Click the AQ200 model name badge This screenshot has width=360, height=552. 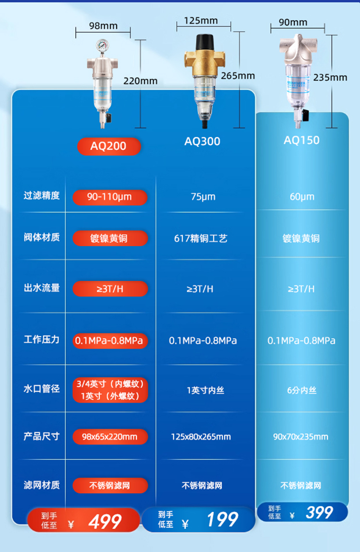click(x=109, y=146)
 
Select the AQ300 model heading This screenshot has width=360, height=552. click(x=203, y=141)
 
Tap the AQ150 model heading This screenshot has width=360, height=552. click(x=301, y=140)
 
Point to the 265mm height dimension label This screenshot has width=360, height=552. click(x=238, y=76)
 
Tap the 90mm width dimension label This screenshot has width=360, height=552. click(x=293, y=23)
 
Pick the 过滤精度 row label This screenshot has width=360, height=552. click(x=42, y=196)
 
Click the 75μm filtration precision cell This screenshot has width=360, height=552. click(x=202, y=197)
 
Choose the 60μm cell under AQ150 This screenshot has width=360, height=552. click(x=301, y=197)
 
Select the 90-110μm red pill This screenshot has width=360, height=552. click(x=110, y=197)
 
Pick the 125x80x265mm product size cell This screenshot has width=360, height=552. click(x=201, y=437)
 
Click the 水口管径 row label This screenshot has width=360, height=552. click(x=42, y=389)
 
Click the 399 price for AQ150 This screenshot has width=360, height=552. click(x=319, y=513)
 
